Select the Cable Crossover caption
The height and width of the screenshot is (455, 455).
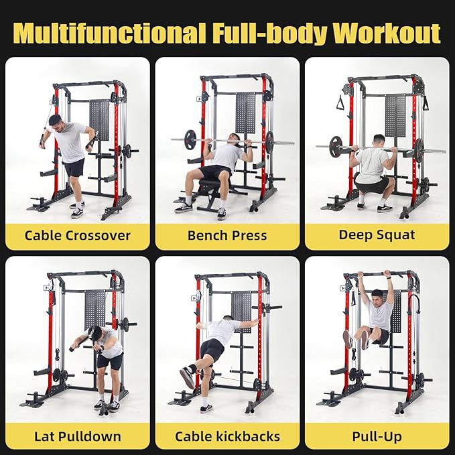pyautogui.click(x=77, y=235)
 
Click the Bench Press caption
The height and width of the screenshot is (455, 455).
pyautogui.click(x=227, y=235)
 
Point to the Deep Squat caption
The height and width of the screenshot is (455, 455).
pyautogui.click(x=377, y=235)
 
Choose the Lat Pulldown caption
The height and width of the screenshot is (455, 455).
pyautogui.click(x=77, y=437)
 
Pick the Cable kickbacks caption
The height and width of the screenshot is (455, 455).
pyautogui.click(x=227, y=437)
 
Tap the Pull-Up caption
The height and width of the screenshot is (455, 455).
pyautogui.click(x=377, y=437)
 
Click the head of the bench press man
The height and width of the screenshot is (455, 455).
pyautogui.click(x=234, y=139)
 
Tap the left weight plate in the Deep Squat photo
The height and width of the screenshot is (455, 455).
pyautogui.click(x=336, y=147)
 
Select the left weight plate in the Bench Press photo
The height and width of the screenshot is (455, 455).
pyautogui.click(x=191, y=140)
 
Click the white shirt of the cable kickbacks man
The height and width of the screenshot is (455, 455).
pyautogui.click(x=221, y=330)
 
